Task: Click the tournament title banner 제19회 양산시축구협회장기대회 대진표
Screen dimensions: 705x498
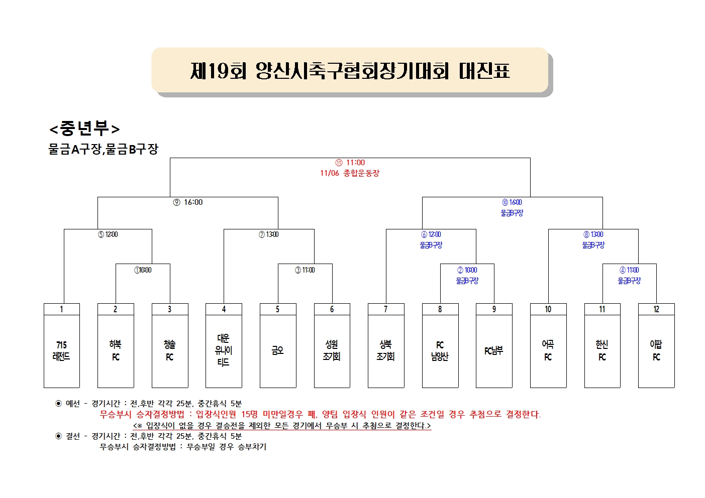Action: (x=350, y=70)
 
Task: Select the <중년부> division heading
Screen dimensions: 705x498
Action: (x=84, y=129)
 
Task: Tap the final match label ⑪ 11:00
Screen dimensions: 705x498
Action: (x=350, y=163)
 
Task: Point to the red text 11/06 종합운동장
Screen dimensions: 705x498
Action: (x=350, y=173)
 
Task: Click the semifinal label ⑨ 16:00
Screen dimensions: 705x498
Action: (x=188, y=202)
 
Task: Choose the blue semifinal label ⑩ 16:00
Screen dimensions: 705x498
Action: (x=512, y=202)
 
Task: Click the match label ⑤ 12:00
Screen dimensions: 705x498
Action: (x=108, y=234)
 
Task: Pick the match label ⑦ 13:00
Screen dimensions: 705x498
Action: (x=268, y=234)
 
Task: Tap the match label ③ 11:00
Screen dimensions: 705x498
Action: (x=305, y=270)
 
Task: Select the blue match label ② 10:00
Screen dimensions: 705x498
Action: (x=467, y=270)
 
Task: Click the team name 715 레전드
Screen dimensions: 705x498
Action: (x=61, y=350)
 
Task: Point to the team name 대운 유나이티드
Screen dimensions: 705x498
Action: (x=224, y=350)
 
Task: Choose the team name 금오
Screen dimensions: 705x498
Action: (x=277, y=350)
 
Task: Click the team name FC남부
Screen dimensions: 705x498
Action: (x=494, y=350)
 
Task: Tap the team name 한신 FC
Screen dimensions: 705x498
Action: (x=602, y=350)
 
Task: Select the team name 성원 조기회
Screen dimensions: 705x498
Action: (x=332, y=350)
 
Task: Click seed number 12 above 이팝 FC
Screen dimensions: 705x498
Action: (x=656, y=309)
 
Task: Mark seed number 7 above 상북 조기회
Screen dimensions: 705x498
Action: (x=386, y=309)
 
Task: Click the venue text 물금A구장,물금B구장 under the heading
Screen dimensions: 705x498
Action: (x=103, y=149)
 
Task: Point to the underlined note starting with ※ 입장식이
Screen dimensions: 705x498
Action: (x=282, y=426)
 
